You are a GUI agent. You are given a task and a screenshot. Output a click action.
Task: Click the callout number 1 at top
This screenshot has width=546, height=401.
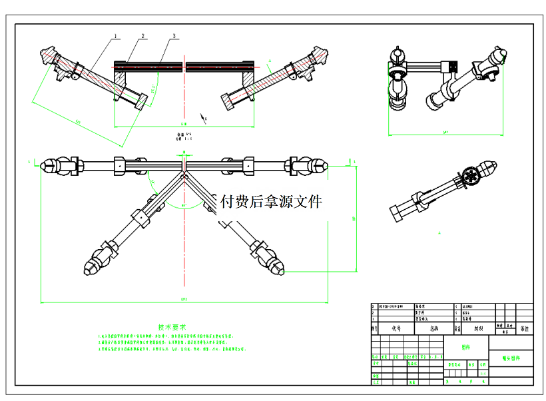coord(115,35)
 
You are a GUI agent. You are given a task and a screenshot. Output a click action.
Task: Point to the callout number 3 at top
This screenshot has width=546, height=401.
coord(174,35)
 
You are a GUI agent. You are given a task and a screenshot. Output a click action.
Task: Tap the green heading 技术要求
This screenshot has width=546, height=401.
coord(172,327)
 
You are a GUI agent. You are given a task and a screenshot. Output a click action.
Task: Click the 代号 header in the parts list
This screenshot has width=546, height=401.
coord(396,328)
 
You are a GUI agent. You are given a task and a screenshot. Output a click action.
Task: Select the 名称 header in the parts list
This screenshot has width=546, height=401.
coord(434,328)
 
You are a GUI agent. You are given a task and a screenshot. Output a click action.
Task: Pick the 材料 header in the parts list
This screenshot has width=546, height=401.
coord(478,328)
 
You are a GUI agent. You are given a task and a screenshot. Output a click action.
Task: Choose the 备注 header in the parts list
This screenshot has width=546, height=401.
coord(525,328)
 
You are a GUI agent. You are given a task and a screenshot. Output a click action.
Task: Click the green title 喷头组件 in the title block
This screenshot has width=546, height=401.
coord(511,358)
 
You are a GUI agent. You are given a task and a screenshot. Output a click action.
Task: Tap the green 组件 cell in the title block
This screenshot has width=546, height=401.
coord(465,348)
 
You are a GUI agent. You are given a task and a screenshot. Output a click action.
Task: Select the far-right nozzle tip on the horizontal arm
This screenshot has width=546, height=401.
coord(324,165)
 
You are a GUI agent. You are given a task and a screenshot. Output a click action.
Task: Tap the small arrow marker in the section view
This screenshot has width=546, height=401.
coord(204,119)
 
